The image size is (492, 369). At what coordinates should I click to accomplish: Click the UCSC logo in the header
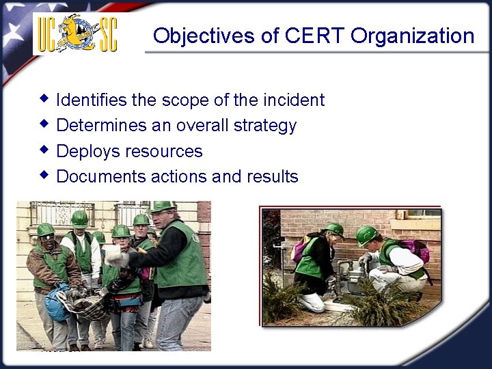click(x=75, y=33)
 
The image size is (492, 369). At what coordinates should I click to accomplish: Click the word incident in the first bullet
click(x=293, y=100)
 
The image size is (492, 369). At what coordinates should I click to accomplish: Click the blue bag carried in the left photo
click(x=57, y=305)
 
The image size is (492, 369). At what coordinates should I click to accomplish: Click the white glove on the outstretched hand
click(x=116, y=258)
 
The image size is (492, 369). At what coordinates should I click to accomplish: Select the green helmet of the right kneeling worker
click(x=366, y=234)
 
